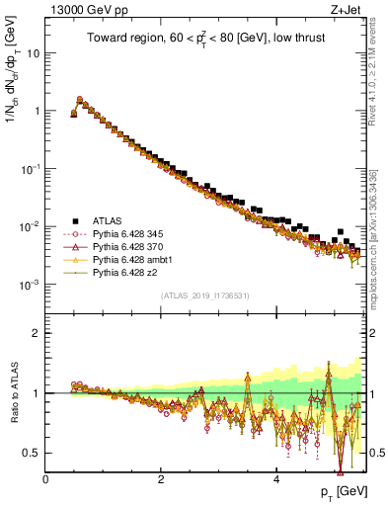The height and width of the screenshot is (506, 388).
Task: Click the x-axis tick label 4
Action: click(x=276, y=480)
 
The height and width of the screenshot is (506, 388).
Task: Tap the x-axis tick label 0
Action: click(x=46, y=480)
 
